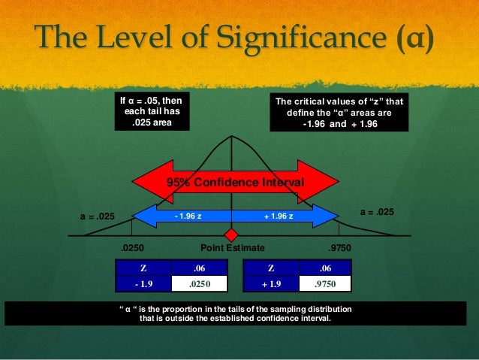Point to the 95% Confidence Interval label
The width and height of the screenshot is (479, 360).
(234, 183)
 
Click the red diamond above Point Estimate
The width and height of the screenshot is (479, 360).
(233, 233)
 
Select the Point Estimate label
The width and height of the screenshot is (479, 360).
(233, 247)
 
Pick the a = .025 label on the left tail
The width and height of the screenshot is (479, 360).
(98, 217)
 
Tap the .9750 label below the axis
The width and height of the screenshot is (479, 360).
(340, 247)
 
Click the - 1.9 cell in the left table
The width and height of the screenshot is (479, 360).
(143, 283)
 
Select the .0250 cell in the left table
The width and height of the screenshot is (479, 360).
(199, 283)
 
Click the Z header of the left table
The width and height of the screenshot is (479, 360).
(143, 268)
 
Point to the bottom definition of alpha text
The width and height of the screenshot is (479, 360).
(235, 313)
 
